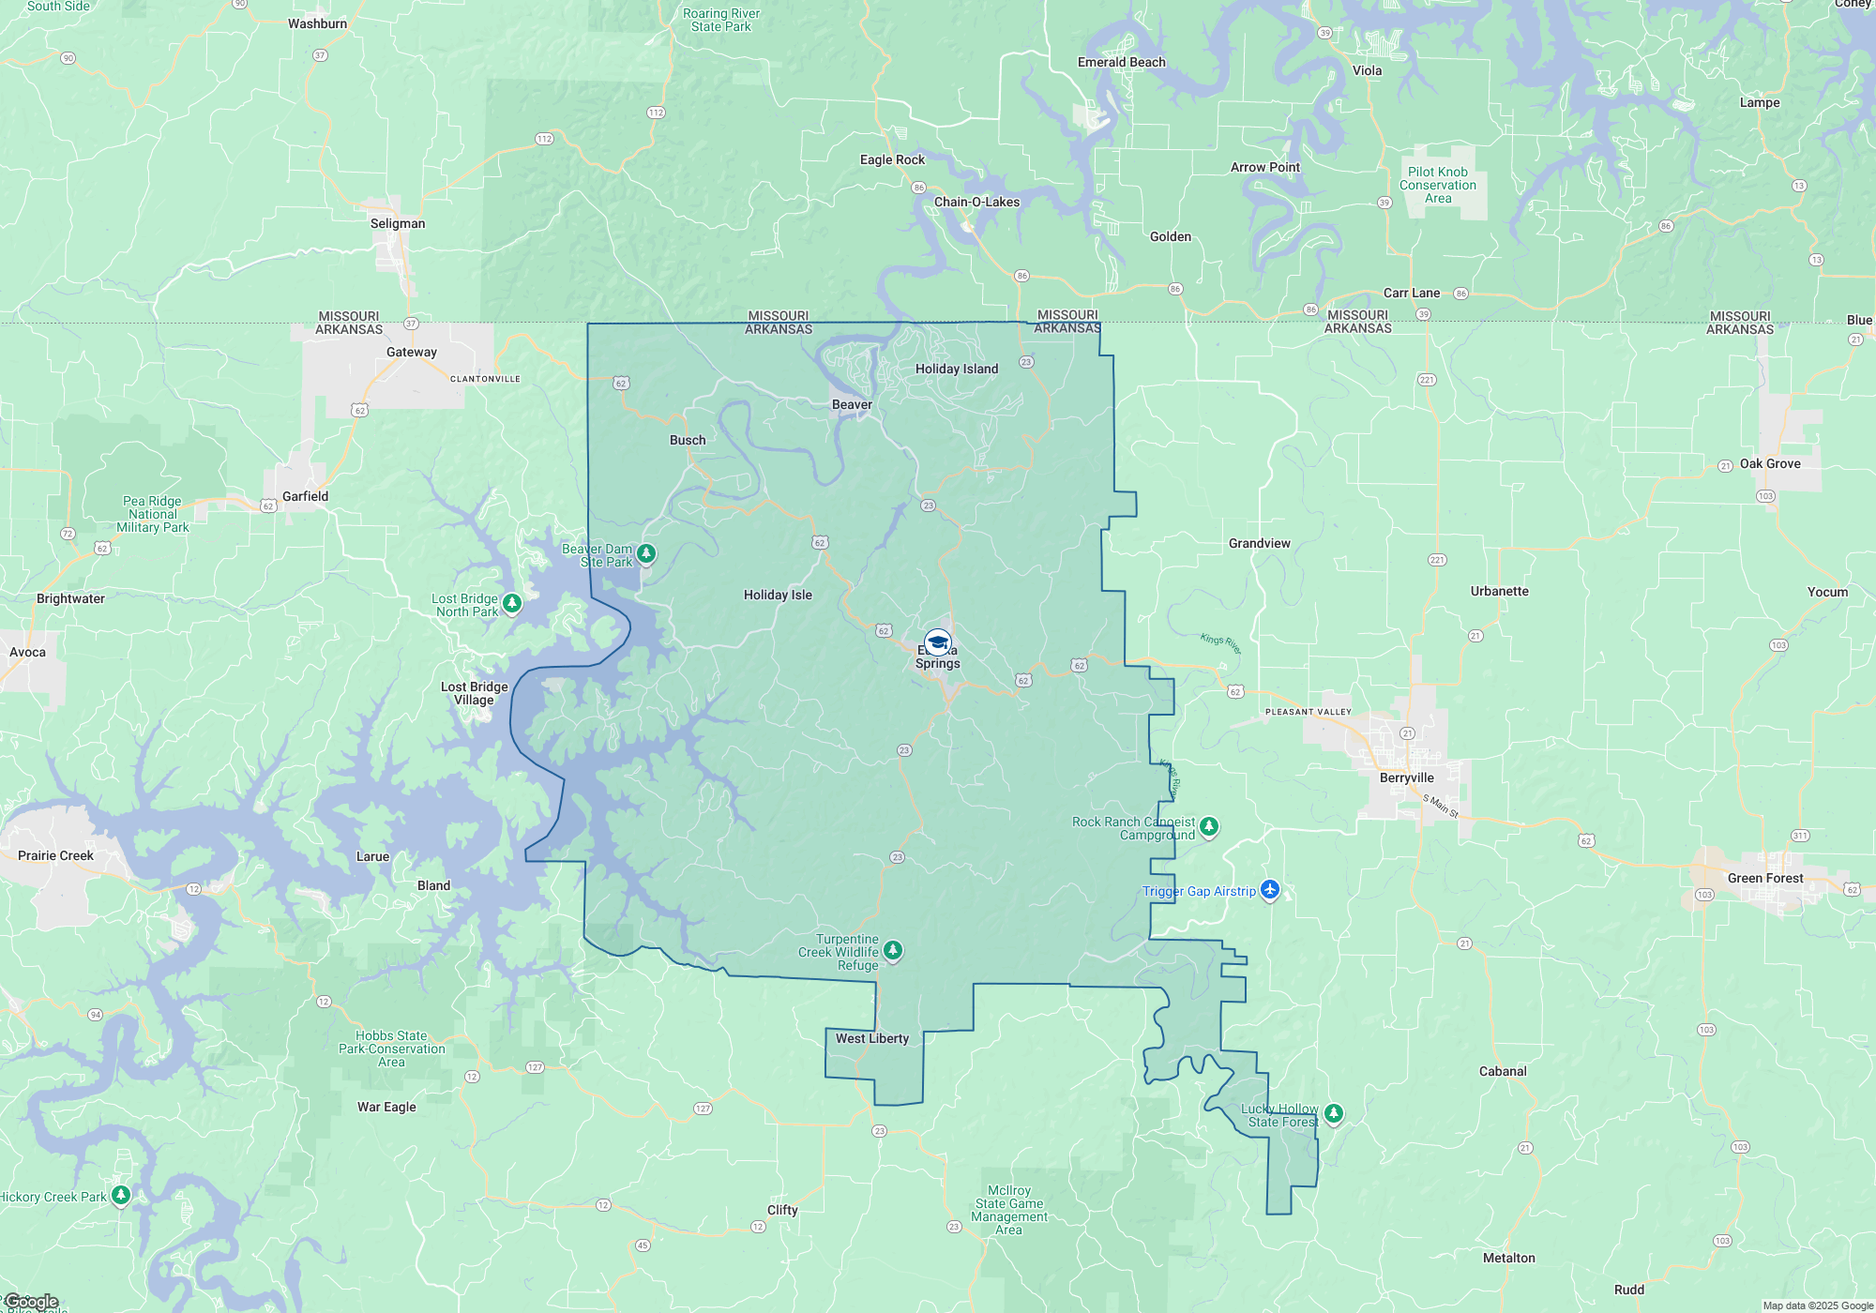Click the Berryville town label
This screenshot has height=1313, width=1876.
tap(1406, 777)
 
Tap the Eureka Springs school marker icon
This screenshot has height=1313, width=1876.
tap(937, 642)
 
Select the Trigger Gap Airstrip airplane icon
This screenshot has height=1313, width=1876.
tap(1270, 889)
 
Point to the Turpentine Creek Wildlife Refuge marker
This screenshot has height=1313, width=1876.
tap(893, 950)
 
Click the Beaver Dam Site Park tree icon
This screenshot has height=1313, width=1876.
tap(646, 553)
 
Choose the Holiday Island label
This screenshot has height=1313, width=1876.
tap(956, 369)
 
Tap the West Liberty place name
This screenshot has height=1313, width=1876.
tap(871, 1038)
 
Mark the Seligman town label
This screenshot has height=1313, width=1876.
tap(398, 223)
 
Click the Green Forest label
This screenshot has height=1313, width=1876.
tap(1764, 878)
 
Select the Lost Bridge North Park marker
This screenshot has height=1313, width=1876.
tap(512, 603)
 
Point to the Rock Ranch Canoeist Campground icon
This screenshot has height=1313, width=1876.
tap(1209, 826)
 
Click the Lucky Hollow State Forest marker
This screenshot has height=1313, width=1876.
tap(1333, 1113)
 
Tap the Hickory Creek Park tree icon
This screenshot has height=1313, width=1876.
tap(121, 1195)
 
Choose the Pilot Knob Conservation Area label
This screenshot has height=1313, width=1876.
tap(1437, 185)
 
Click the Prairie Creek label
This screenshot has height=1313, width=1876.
tap(55, 855)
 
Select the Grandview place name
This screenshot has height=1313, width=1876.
tap(1259, 543)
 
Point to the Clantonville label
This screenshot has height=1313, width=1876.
tap(485, 379)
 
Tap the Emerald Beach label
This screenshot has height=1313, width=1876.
tap(1121, 62)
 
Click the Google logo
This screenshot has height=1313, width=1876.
tap(32, 1302)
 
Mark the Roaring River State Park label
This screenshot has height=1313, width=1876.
tap(720, 20)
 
